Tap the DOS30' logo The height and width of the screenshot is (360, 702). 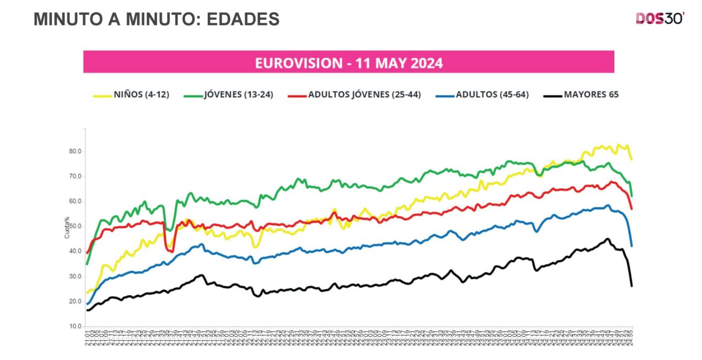(x=660, y=18)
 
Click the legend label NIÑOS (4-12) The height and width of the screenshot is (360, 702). (x=141, y=94)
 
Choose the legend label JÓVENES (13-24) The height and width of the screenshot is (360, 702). (x=239, y=94)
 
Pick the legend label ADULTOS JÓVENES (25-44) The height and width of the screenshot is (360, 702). (x=364, y=94)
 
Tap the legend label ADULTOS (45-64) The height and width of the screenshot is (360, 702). (x=492, y=94)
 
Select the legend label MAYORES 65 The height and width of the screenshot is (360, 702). (x=591, y=94)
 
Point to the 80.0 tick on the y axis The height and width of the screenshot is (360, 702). (x=75, y=151)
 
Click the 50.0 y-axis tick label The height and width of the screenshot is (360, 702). (x=75, y=226)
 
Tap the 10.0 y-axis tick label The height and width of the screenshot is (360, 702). (x=75, y=327)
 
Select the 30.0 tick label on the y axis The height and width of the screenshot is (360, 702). (x=75, y=277)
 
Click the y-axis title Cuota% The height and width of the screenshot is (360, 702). (x=67, y=227)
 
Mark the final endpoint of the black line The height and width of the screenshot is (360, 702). (x=632, y=286)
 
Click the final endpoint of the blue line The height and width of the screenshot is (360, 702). (x=632, y=246)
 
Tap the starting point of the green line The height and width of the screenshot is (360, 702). (x=87, y=264)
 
